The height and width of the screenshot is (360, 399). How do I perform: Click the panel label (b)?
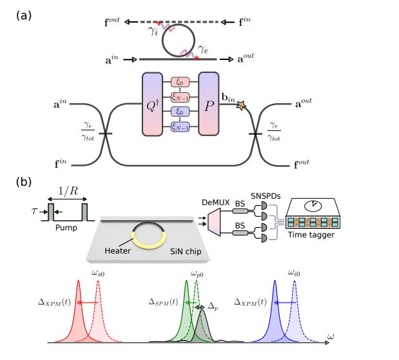(24, 183)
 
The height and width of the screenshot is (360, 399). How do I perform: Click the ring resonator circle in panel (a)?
(179, 41)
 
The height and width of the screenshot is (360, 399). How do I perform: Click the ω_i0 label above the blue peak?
(295, 273)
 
